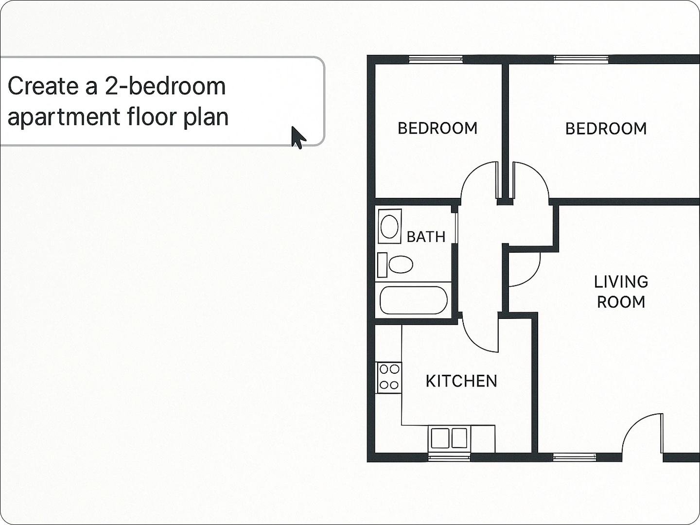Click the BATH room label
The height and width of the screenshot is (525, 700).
pos(426,237)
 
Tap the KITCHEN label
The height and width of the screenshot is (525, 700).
pos(461,381)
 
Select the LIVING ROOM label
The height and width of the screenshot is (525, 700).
pos(621,292)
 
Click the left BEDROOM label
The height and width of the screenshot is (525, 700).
pos(437,128)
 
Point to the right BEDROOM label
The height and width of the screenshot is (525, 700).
pos(606,129)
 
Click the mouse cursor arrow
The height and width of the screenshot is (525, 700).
pos(298,137)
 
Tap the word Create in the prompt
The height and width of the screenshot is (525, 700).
pos(43,86)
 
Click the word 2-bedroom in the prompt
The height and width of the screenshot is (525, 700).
pos(165,86)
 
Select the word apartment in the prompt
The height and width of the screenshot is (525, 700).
pos(63,117)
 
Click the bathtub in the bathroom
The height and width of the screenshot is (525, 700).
pos(413,300)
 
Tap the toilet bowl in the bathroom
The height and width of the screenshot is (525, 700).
pos(401,264)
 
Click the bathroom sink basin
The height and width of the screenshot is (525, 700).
pos(389,227)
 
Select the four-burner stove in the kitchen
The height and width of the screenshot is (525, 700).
pos(389,377)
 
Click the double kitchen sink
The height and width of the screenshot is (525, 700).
pos(449,438)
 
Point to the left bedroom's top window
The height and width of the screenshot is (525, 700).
pos(436,59)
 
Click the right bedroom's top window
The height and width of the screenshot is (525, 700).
pos(581,59)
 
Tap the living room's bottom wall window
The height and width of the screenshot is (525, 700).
pos(575,457)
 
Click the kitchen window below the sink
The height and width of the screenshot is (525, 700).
pos(449,457)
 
